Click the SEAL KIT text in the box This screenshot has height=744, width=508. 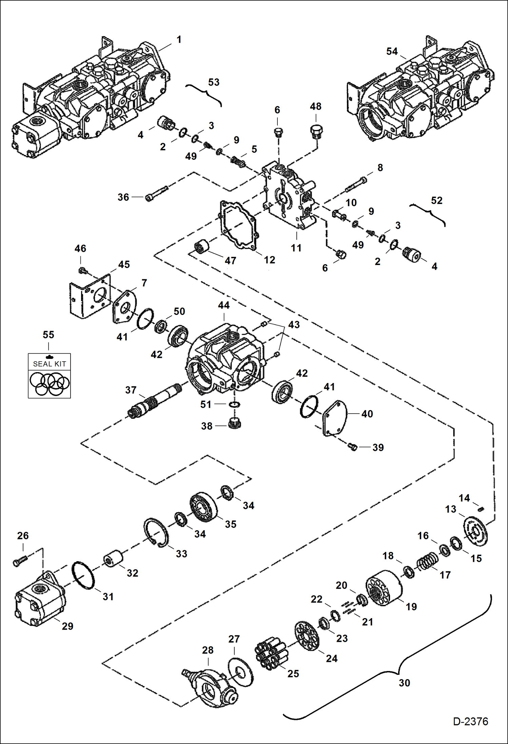click(x=49, y=364)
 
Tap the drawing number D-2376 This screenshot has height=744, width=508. click(x=470, y=721)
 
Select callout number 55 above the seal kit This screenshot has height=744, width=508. click(x=48, y=335)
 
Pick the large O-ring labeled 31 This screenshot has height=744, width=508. click(x=83, y=575)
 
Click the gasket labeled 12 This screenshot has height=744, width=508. click(x=238, y=226)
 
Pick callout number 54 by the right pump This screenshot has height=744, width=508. click(x=392, y=52)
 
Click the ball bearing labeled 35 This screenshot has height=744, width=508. click(x=203, y=507)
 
